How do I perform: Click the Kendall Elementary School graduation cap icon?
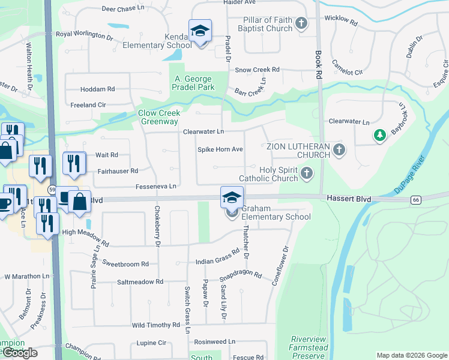[200, 30]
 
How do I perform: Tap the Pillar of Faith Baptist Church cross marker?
[301, 24]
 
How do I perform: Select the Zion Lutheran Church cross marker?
[339, 149]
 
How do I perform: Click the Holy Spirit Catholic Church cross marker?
[307, 174]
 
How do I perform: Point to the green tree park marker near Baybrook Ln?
[379, 136]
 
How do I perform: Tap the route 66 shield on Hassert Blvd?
[415, 199]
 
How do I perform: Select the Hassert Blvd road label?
[349, 199]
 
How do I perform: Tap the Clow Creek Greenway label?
[160, 117]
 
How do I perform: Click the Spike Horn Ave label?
[220, 149]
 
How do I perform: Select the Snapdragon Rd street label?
[241, 276]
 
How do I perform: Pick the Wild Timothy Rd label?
[155, 325]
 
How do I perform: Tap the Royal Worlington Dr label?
[85, 35]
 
